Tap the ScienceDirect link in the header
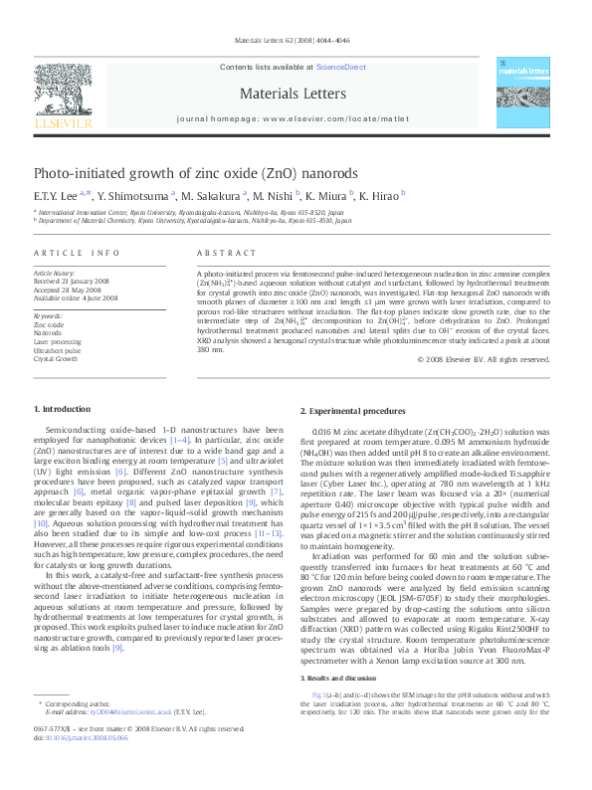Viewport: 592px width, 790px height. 340,67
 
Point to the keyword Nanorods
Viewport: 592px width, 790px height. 49,332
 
